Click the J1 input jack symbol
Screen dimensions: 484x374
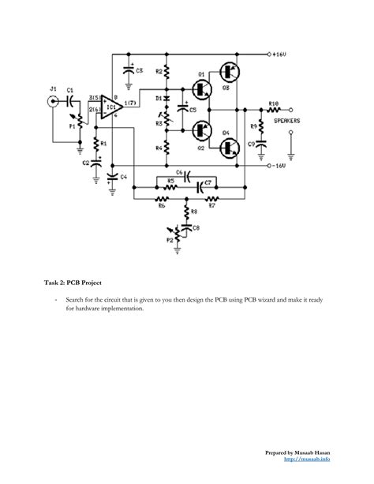54,102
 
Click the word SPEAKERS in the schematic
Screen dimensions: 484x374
286,121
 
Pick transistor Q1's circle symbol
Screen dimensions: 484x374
200,89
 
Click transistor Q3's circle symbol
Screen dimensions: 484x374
230,71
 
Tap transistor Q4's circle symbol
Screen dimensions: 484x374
230,146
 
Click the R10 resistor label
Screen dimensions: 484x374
273,103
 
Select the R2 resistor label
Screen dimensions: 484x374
158,71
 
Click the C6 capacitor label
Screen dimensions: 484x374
179,171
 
